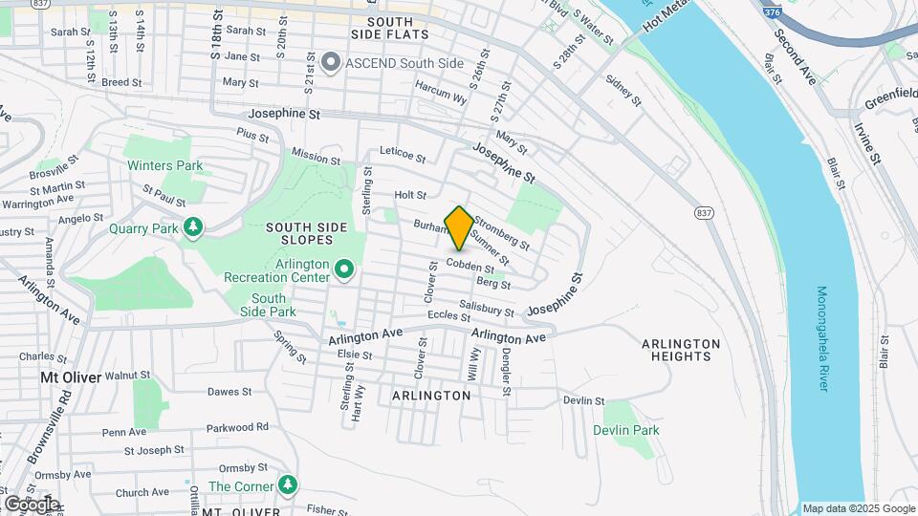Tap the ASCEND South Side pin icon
332,63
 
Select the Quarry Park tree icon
194,227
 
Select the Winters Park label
165,165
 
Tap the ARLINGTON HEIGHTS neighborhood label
681,350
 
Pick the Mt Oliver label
71,376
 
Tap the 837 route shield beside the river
704,212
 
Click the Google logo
32,503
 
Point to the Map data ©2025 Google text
858,508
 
